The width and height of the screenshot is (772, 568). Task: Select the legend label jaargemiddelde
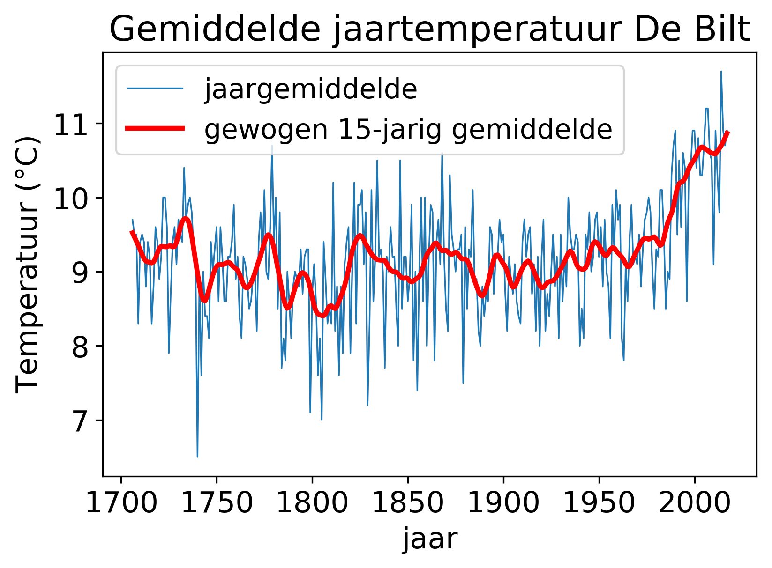pos(310,89)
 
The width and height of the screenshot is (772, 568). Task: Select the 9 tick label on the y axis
pos(80,274)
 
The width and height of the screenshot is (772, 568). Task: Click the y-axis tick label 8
pos(80,348)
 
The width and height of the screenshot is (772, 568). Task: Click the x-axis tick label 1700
pos(121,503)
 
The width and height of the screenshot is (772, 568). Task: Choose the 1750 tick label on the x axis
pos(217,503)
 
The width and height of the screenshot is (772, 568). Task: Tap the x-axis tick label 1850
pos(408,503)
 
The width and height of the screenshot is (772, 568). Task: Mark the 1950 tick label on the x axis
pos(599,503)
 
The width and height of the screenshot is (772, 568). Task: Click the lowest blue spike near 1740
pos(197,456)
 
